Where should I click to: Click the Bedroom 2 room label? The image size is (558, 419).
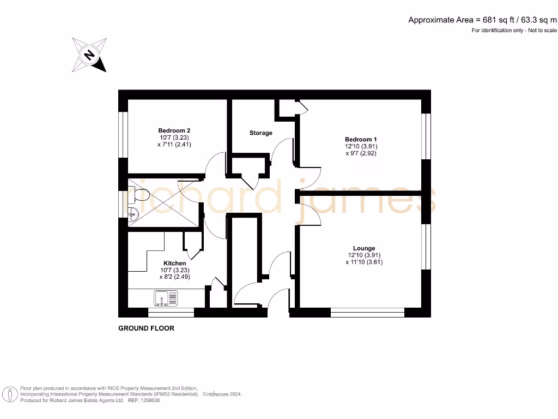[x=174, y=131]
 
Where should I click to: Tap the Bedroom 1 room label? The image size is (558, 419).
[x=361, y=140]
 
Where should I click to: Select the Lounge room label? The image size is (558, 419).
[x=363, y=248]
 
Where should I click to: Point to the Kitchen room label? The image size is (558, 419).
[x=174, y=263]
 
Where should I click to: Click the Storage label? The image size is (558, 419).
[x=261, y=133]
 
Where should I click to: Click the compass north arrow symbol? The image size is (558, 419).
[x=89, y=55]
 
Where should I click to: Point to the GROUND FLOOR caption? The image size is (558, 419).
[x=147, y=328]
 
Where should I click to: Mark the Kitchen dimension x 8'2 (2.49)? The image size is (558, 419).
[x=174, y=277]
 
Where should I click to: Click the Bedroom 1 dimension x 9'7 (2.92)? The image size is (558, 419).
[x=361, y=153]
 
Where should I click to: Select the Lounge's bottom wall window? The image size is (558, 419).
[x=367, y=313]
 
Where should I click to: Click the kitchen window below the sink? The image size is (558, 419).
[x=171, y=313]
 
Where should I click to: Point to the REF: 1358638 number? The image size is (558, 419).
[x=143, y=400]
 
